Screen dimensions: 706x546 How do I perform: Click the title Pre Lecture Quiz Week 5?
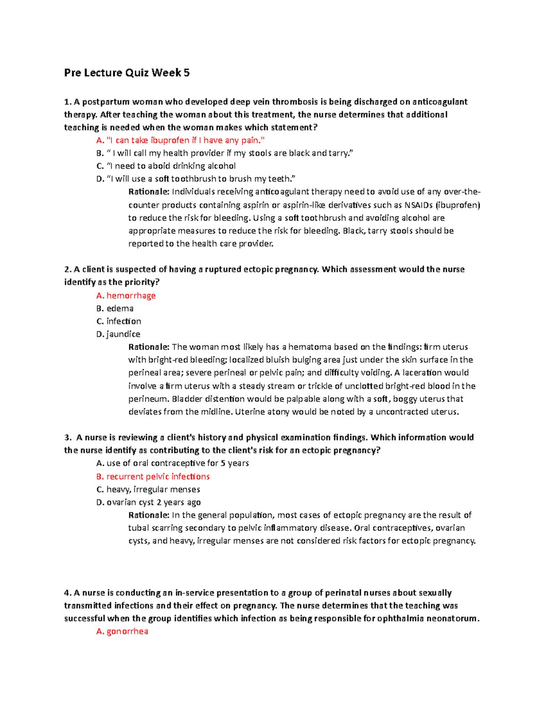pyautogui.click(x=126, y=73)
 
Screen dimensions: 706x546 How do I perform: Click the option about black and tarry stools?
pyautogui.click(x=225, y=153)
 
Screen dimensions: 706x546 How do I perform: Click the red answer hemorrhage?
pyautogui.click(x=126, y=295)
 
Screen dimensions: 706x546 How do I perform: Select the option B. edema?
pyautogui.click(x=115, y=308)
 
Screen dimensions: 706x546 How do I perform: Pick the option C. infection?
pyautogui.click(x=118, y=321)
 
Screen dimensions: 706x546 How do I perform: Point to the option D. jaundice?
pyautogui.click(x=118, y=334)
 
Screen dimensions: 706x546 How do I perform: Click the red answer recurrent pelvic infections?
pyautogui.click(x=153, y=476)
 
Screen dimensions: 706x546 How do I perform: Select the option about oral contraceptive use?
pyautogui.click(x=172, y=463)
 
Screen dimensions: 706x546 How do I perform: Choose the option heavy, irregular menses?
pyautogui.click(x=148, y=490)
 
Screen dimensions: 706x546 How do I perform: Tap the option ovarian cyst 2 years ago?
pyautogui.click(x=148, y=502)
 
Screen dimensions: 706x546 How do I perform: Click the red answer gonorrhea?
pyautogui.click(x=122, y=631)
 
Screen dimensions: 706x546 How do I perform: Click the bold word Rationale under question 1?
pyautogui.click(x=149, y=191)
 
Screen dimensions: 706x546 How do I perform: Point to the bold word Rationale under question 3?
pyautogui.click(x=149, y=515)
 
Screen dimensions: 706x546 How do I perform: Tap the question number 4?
pyautogui.click(x=68, y=593)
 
